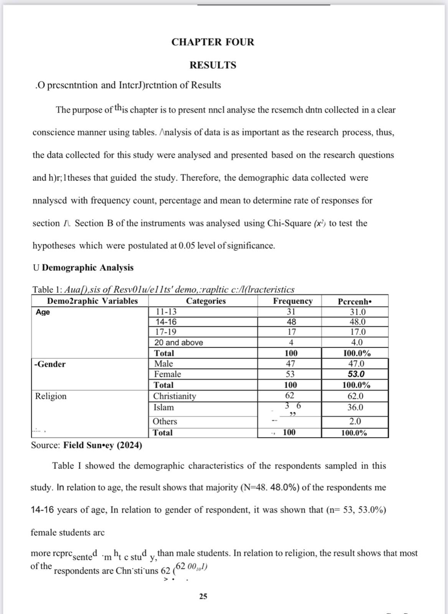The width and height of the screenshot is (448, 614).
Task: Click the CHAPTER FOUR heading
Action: (212, 42)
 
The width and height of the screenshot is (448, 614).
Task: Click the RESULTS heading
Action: (213, 65)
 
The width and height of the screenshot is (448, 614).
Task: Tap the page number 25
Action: (203, 596)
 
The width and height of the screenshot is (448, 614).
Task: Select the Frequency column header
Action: (293, 301)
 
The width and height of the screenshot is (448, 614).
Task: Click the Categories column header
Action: (206, 301)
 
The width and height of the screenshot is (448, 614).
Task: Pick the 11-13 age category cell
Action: (166, 312)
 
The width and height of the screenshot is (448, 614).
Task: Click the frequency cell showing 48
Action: (292, 322)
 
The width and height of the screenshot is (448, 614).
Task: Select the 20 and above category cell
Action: (179, 343)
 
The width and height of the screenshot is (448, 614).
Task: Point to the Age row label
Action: (43, 312)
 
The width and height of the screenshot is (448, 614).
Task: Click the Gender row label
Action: (50, 364)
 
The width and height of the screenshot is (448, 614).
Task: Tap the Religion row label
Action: (51, 396)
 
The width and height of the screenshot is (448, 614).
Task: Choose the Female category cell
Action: (168, 374)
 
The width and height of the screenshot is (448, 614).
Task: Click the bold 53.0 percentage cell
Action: (356, 374)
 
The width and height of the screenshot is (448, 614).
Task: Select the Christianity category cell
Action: (175, 396)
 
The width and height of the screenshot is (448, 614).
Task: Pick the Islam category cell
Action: (164, 407)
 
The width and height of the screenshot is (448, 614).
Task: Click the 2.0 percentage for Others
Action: (355, 421)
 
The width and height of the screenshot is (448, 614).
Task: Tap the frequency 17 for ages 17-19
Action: (292, 332)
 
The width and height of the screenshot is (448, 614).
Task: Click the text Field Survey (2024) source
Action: (102, 445)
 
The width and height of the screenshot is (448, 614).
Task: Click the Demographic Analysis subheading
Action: (87, 267)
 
